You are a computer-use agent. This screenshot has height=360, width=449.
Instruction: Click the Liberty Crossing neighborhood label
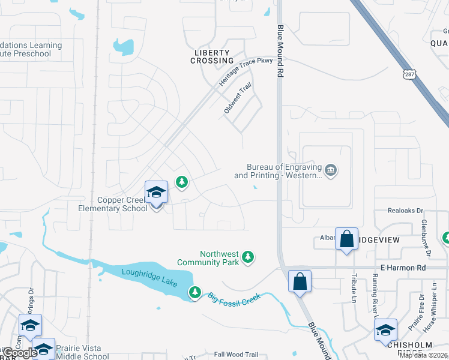[x=212, y=56]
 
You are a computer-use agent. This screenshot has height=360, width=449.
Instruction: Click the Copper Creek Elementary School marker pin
[x=156, y=193]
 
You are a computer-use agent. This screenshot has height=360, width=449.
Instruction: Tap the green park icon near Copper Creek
[x=181, y=181]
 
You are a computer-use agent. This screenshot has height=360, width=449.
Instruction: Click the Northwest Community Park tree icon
[x=248, y=258]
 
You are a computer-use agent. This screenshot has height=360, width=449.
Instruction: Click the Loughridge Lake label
[x=149, y=277]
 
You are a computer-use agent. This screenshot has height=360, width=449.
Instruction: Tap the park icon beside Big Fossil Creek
[x=194, y=293]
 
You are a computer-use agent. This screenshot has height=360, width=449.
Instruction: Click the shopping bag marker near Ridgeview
[x=347, y=239]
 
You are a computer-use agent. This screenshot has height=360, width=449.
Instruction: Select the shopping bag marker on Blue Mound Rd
[x=300, y=281]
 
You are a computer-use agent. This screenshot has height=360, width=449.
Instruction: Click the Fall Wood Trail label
[x=235, y=355]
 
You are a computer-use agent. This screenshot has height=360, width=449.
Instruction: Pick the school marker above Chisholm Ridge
[x=385, y=330]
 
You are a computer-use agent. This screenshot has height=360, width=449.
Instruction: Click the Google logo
[x=20, y=353]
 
